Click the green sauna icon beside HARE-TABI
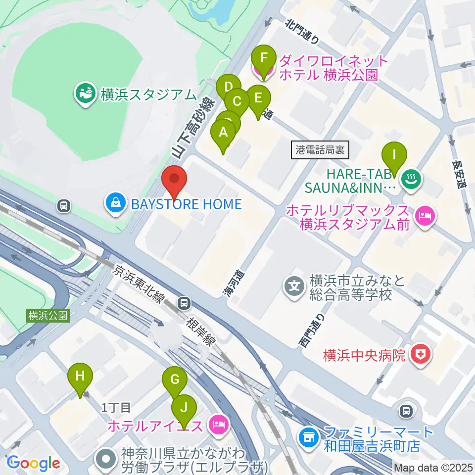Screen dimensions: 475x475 [412, 178]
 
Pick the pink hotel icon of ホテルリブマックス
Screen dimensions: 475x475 [425, 216]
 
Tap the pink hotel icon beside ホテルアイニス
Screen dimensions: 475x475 [218, 424]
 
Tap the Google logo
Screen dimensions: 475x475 [33, 463]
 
